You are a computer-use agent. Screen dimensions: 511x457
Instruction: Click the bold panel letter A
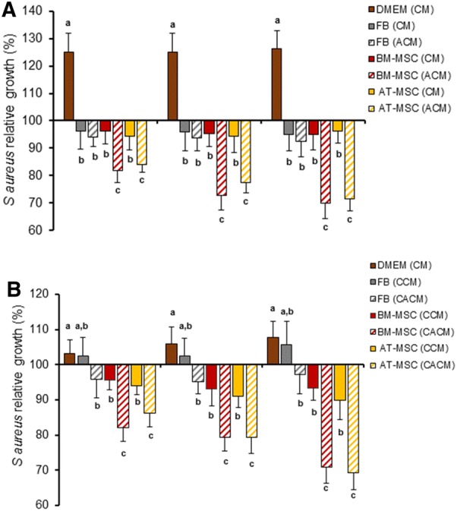(13, 11)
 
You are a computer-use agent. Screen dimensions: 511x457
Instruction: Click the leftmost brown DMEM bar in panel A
(68, 86)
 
